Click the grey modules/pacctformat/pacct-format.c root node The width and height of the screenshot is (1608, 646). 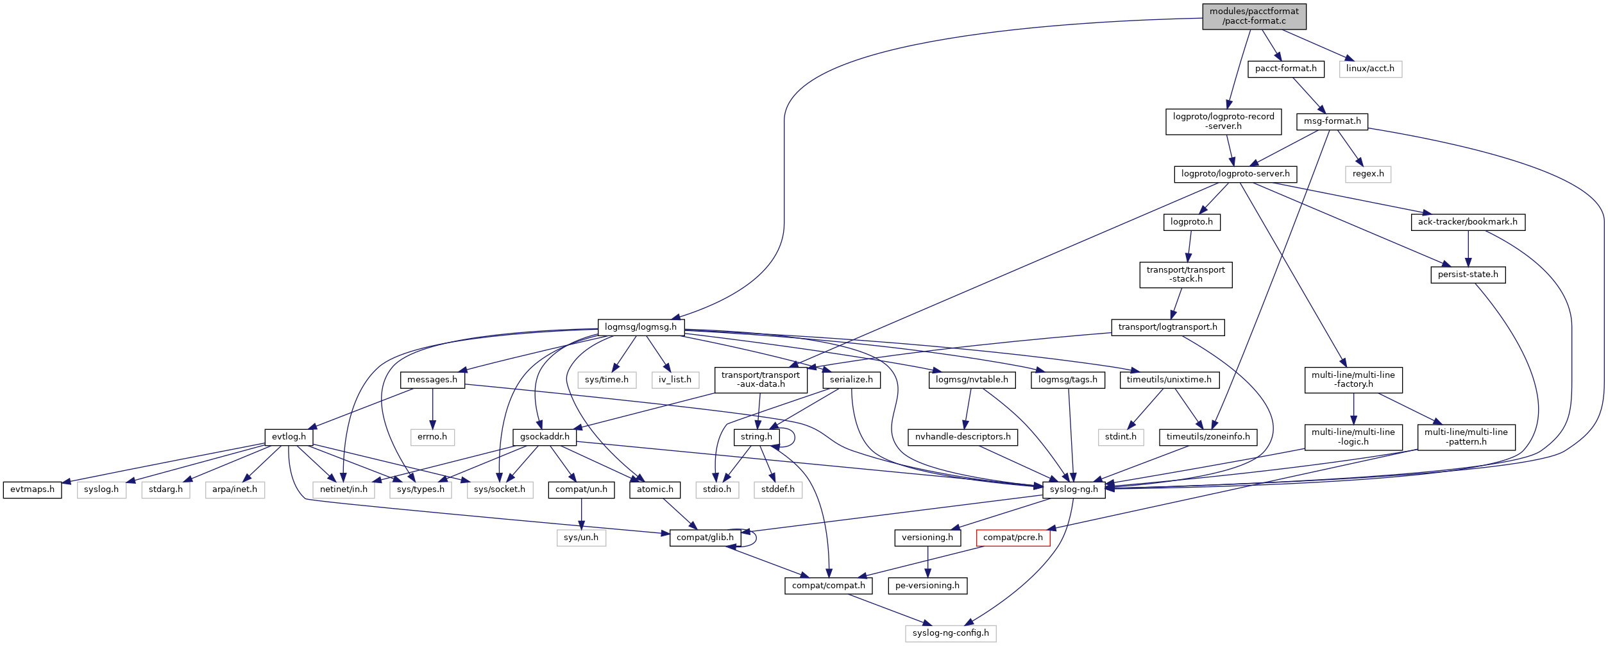click(1254, 16)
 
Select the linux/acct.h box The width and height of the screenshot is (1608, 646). click(1370, 69)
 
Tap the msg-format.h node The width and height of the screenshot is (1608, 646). click(1332, 121)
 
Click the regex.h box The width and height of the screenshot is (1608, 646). click(1367, 174)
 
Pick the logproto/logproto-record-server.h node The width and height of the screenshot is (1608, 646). click(1223, 121)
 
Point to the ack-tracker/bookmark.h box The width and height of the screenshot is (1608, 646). click(1468, 222)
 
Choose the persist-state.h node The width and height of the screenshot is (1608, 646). click(1468, 275)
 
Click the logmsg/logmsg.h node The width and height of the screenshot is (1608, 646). click(640, 327)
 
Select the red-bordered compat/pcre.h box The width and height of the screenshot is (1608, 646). click(1013, 538)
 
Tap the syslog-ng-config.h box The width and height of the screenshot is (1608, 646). click(951, 633)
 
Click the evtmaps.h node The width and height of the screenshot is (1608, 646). click(32, 489)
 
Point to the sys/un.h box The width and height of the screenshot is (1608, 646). click(580, 538)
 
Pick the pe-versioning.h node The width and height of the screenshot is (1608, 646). click(927, 586)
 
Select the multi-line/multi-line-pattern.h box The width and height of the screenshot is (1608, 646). click(1466, 437)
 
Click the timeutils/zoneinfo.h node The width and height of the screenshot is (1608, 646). click(1208, 437)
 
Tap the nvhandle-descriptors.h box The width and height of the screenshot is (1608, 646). click(962, 437)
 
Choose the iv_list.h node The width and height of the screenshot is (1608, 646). click(675, 380)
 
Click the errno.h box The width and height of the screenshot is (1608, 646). click(432, 437)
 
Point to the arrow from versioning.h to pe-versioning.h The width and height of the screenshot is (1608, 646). click(927, 562)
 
